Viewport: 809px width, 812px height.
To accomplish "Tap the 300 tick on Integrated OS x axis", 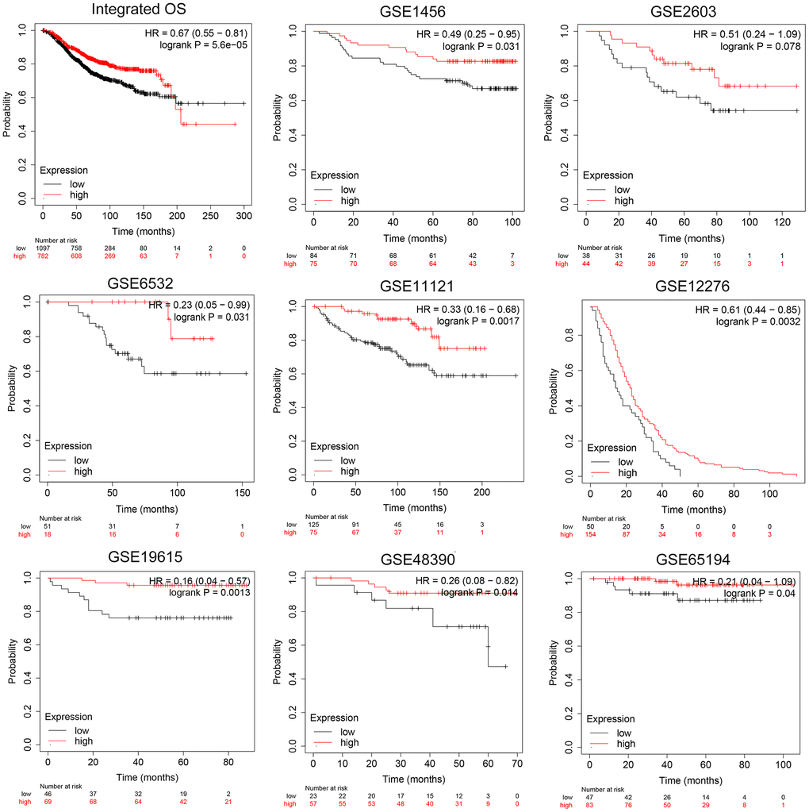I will tap(243, 215).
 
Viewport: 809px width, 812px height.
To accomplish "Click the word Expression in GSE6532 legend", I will tap(67, 446).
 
